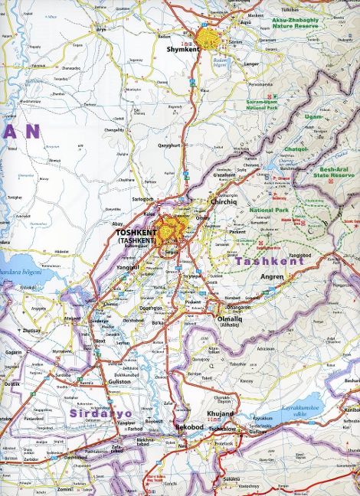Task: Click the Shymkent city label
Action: tap(182, 49)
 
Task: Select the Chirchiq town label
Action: tap(223, 202)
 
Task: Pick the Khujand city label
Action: tap(221, 413)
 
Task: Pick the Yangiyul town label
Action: tap(129, 268)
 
